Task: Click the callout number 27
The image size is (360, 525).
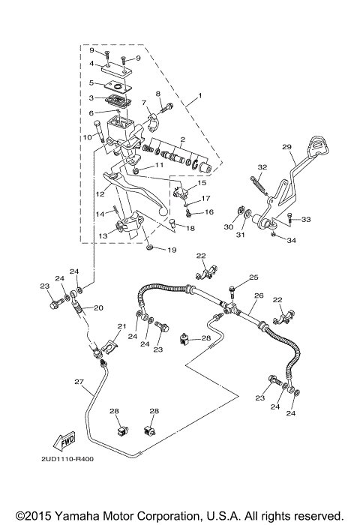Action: (x=79, y=382)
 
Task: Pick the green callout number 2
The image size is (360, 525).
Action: (x=181, y=140)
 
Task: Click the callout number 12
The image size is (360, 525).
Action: (x=100, y=193)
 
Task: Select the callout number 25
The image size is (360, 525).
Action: (x=253, y=277)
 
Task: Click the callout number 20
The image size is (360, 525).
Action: (x=98, y=307)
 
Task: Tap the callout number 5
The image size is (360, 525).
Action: (x=91, y=83)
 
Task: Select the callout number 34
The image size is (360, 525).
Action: (x=292, y=241)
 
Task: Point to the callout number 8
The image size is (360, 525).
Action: (x=158, y=94)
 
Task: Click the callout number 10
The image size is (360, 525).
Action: (x=88, y=136)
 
